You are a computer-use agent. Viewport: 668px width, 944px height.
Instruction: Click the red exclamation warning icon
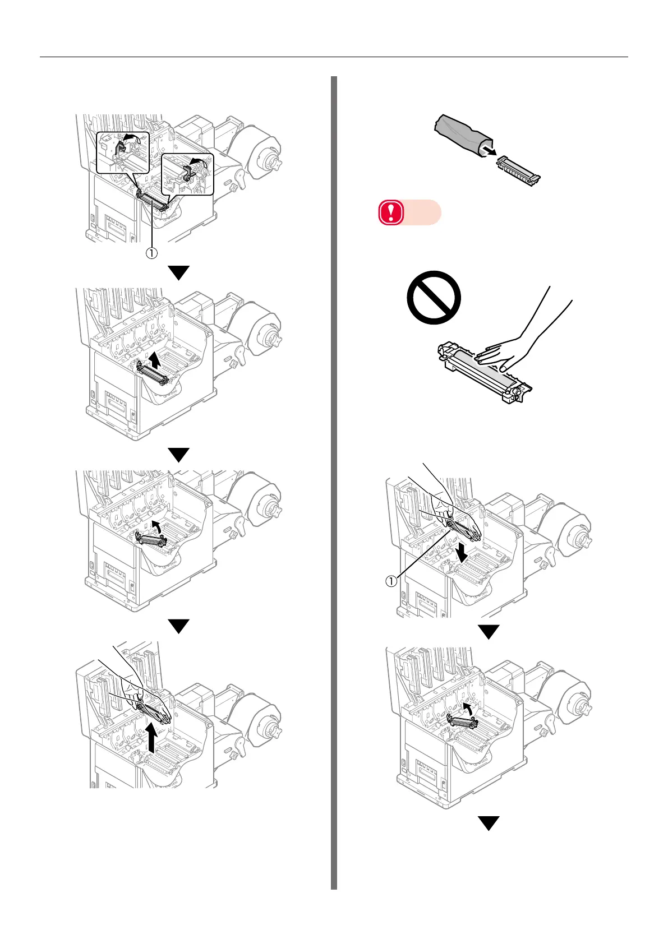(x=391, y=213)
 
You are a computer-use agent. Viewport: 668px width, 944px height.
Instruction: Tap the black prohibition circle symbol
(x=434, y=298)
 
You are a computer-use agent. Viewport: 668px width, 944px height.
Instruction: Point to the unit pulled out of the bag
(x=519, y=170)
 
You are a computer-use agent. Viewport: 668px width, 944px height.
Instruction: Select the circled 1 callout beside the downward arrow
(x=390, y=581)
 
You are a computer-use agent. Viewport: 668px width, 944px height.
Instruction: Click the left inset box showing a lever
(x=122, y=152)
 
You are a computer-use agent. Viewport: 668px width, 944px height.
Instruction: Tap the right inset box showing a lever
(x=187, y=174)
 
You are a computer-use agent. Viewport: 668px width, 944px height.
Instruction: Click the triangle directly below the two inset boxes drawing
(x=179, y=273)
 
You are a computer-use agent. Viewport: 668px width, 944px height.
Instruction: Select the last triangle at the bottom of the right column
(x=489, y=823)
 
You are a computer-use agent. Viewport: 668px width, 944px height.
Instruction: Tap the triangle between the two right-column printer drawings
(x=489, y=632)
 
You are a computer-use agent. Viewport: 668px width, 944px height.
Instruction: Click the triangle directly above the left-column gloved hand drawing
(x=179, y=626)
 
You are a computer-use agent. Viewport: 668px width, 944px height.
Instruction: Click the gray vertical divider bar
(x=334, y=482)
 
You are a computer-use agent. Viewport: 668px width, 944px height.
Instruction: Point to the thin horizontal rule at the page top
(x=334, y=57)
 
